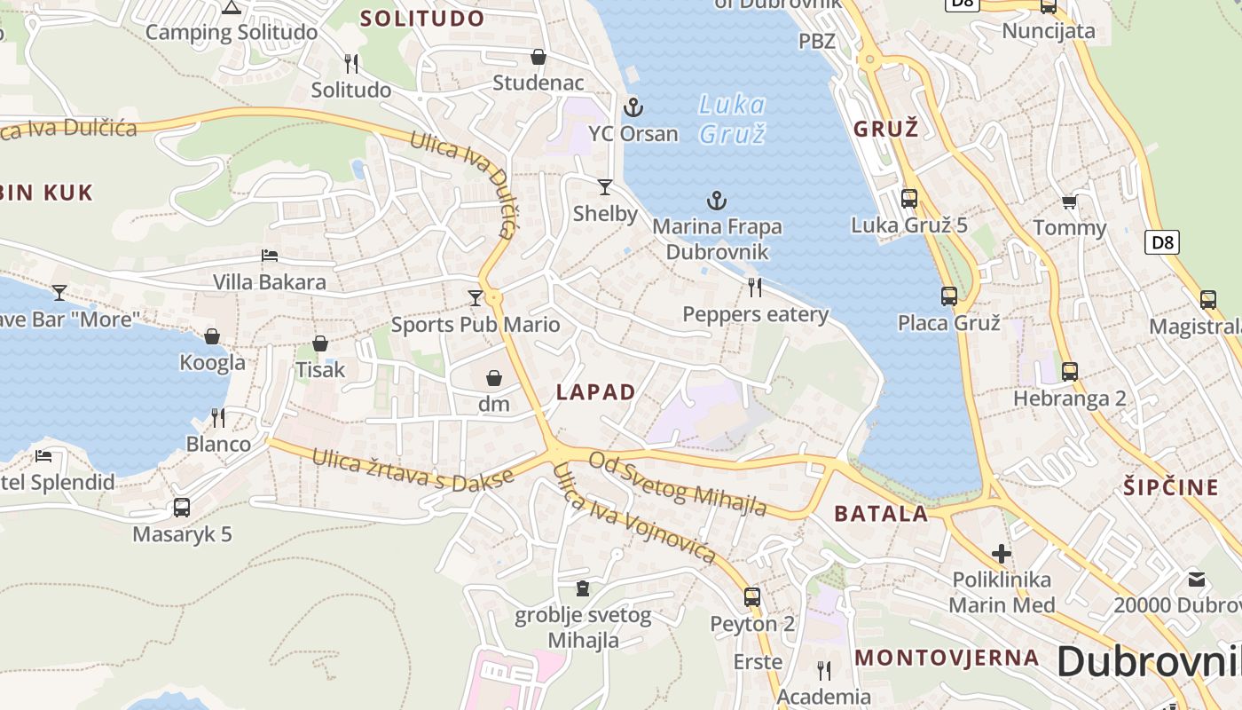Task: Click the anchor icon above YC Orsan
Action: click(x=633, y=108)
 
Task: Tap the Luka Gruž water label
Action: click(x=732, y=118)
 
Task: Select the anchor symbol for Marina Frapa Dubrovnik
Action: click(x=716, y=201)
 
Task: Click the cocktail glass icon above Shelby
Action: click(x=605, y=186)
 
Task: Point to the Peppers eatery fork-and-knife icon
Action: click(x=755, y=287)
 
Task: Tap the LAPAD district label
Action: click(x=595, y=392)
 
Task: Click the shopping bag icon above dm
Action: click(x=494, y=379)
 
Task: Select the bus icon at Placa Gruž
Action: click(x=949, y=296)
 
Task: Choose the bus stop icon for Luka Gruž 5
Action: click(x=909, y=199)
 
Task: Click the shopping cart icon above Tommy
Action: click(x=1070, y=202)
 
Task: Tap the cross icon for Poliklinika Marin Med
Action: click(x=1002, y=554)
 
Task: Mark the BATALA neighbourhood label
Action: click(x=881, y=513)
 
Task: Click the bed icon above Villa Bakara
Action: click(x=270, y=256)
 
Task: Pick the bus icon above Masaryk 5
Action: click(x=182, y=508)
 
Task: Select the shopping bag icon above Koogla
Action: click(x=212, y=336)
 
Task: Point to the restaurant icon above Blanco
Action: click(x=218, y=417)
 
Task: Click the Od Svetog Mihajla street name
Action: click(x=678, y=484)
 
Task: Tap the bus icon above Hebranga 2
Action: click(x=1070, y=372)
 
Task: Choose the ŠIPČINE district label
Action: click(x=1171, y=487)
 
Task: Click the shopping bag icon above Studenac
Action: click(x=538, y=58)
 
